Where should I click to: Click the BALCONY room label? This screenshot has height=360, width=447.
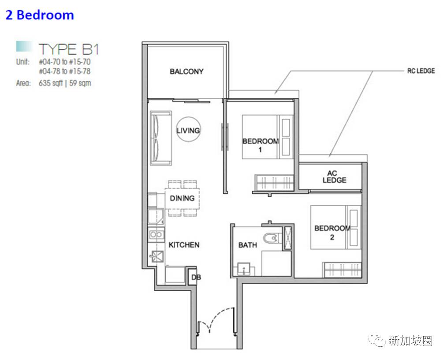186,71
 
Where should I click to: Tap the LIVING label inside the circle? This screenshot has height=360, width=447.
188,131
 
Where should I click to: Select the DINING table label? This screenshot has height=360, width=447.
182,198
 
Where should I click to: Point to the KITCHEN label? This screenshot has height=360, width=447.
184,245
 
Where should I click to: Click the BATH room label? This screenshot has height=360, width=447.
247,245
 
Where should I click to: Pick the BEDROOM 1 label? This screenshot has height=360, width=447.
260,145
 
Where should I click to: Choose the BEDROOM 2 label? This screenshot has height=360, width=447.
332,232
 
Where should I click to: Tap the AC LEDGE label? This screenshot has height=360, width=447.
335,176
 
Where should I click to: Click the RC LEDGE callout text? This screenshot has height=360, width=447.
421,71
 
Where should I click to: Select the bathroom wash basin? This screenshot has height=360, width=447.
243,269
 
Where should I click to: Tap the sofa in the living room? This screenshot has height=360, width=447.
161,138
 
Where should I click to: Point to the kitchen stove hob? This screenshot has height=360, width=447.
156,235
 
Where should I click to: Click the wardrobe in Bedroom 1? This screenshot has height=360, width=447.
274,182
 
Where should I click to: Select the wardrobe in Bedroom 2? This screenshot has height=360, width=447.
342,269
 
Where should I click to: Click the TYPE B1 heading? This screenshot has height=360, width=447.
69,49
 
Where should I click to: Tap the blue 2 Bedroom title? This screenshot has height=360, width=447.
40,15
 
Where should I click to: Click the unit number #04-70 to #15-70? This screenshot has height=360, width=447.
65,62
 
